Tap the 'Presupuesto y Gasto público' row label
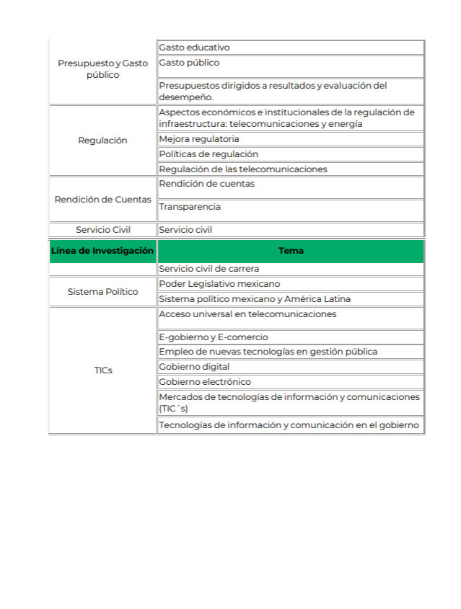tap(102, 69)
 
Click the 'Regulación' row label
tap(102, 141)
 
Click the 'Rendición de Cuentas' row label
tap(102, 199)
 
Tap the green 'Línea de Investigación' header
tap(102, 251)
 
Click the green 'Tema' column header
tap(291, 251)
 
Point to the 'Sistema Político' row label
tap(102, 292)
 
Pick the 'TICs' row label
tap(102, 370)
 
